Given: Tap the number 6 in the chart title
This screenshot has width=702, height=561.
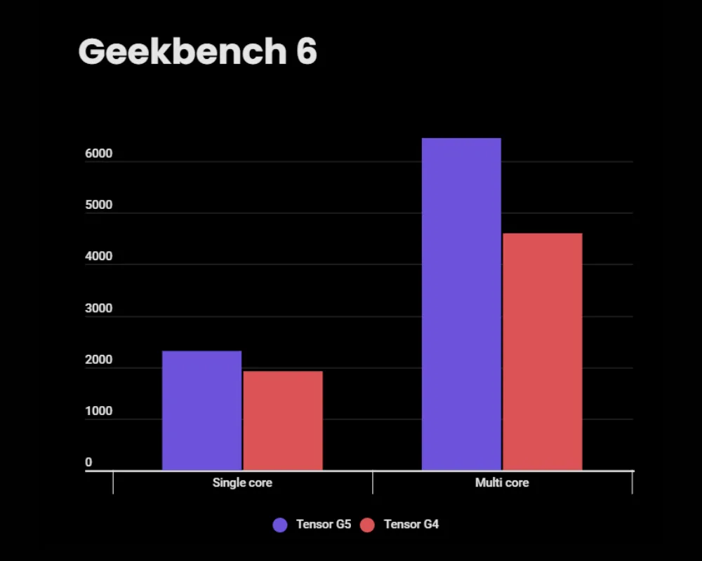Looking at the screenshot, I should pos(306,52).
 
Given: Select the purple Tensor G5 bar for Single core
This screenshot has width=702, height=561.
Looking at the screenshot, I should pos(201,410).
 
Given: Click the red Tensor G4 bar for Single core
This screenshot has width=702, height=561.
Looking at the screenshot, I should pos(283,420).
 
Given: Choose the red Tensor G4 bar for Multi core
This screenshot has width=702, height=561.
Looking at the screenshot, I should pos(543,351).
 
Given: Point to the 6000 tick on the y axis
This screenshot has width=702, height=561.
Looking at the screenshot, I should pos(99,154).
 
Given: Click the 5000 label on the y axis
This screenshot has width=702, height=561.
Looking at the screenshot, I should pos(99,205).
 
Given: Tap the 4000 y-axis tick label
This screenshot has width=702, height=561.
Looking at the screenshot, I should pos(99,257).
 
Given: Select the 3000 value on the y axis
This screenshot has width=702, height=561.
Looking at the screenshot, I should pos(99,309).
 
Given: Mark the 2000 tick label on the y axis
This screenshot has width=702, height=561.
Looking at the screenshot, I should pos(99,360).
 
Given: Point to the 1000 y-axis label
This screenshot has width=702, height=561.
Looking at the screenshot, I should pos(99,412).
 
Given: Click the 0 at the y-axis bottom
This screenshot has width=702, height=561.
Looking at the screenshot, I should pos(89,463).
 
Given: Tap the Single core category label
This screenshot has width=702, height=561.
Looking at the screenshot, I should pos(242,483).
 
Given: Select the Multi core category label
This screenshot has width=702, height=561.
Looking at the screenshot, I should pos(502,483).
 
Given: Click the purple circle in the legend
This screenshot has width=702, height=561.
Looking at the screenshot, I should pos(280,525).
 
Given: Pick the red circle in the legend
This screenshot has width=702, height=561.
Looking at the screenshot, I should pos(367,525).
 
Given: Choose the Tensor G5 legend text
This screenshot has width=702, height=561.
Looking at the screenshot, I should pos(323,525).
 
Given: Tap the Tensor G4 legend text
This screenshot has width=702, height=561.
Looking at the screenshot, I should pos(411,525).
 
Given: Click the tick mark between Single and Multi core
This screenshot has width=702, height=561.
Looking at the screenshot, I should pos(373,482).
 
